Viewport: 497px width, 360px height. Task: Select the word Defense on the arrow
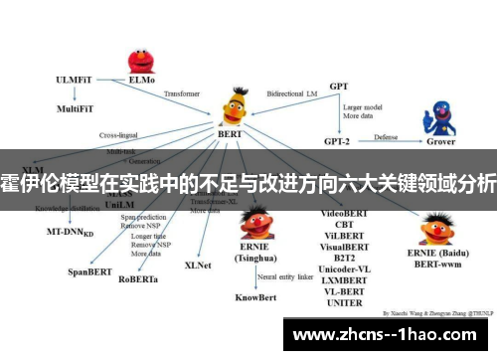pyautogui.click(x=385, y=136)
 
